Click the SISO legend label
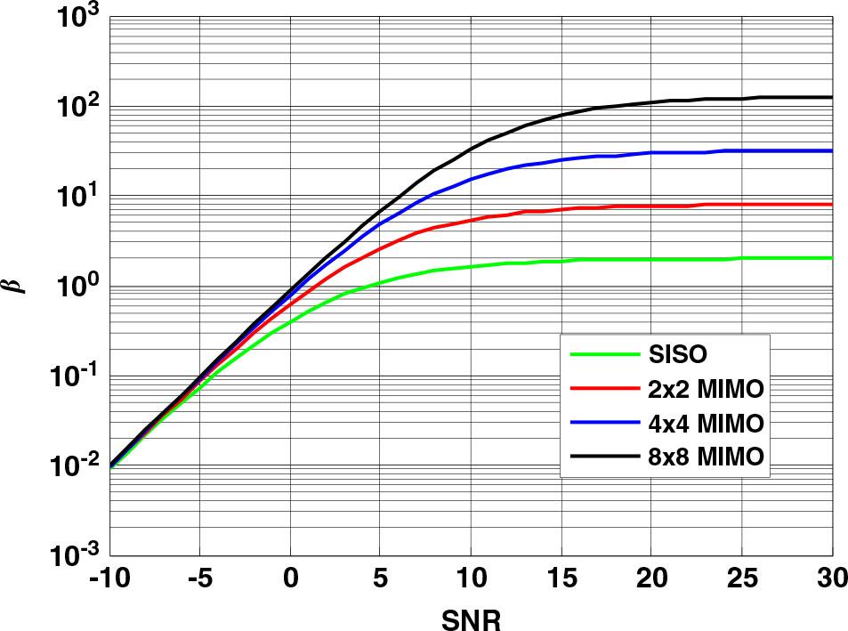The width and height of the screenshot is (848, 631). click(674, 355)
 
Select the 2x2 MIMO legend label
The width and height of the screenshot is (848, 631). click(701, 389)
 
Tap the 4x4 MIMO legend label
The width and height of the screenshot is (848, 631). click(701, 423)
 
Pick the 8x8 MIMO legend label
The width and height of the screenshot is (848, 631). click(701, 457)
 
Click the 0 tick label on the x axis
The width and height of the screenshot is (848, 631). click(290, 580)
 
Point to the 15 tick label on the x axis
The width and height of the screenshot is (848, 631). click(561, 580)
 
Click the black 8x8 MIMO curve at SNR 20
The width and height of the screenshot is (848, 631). click(651, 102)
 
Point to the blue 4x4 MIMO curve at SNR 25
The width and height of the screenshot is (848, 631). click(741, 150)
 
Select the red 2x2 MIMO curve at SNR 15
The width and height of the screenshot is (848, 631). click(561, 209)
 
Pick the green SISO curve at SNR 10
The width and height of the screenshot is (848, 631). click(471, 265)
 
